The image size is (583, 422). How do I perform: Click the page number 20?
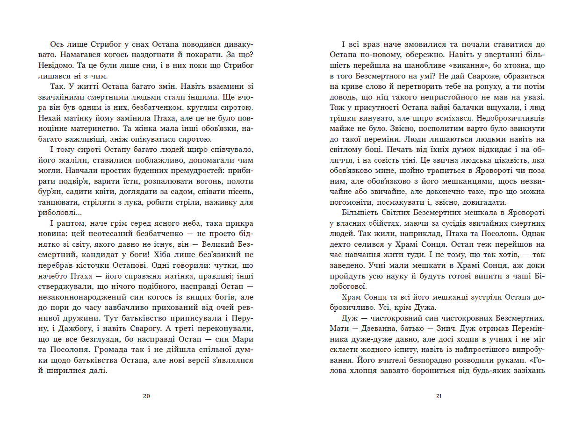click(x=146, y=396)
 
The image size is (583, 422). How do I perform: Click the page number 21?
click(x=439, y=396)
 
